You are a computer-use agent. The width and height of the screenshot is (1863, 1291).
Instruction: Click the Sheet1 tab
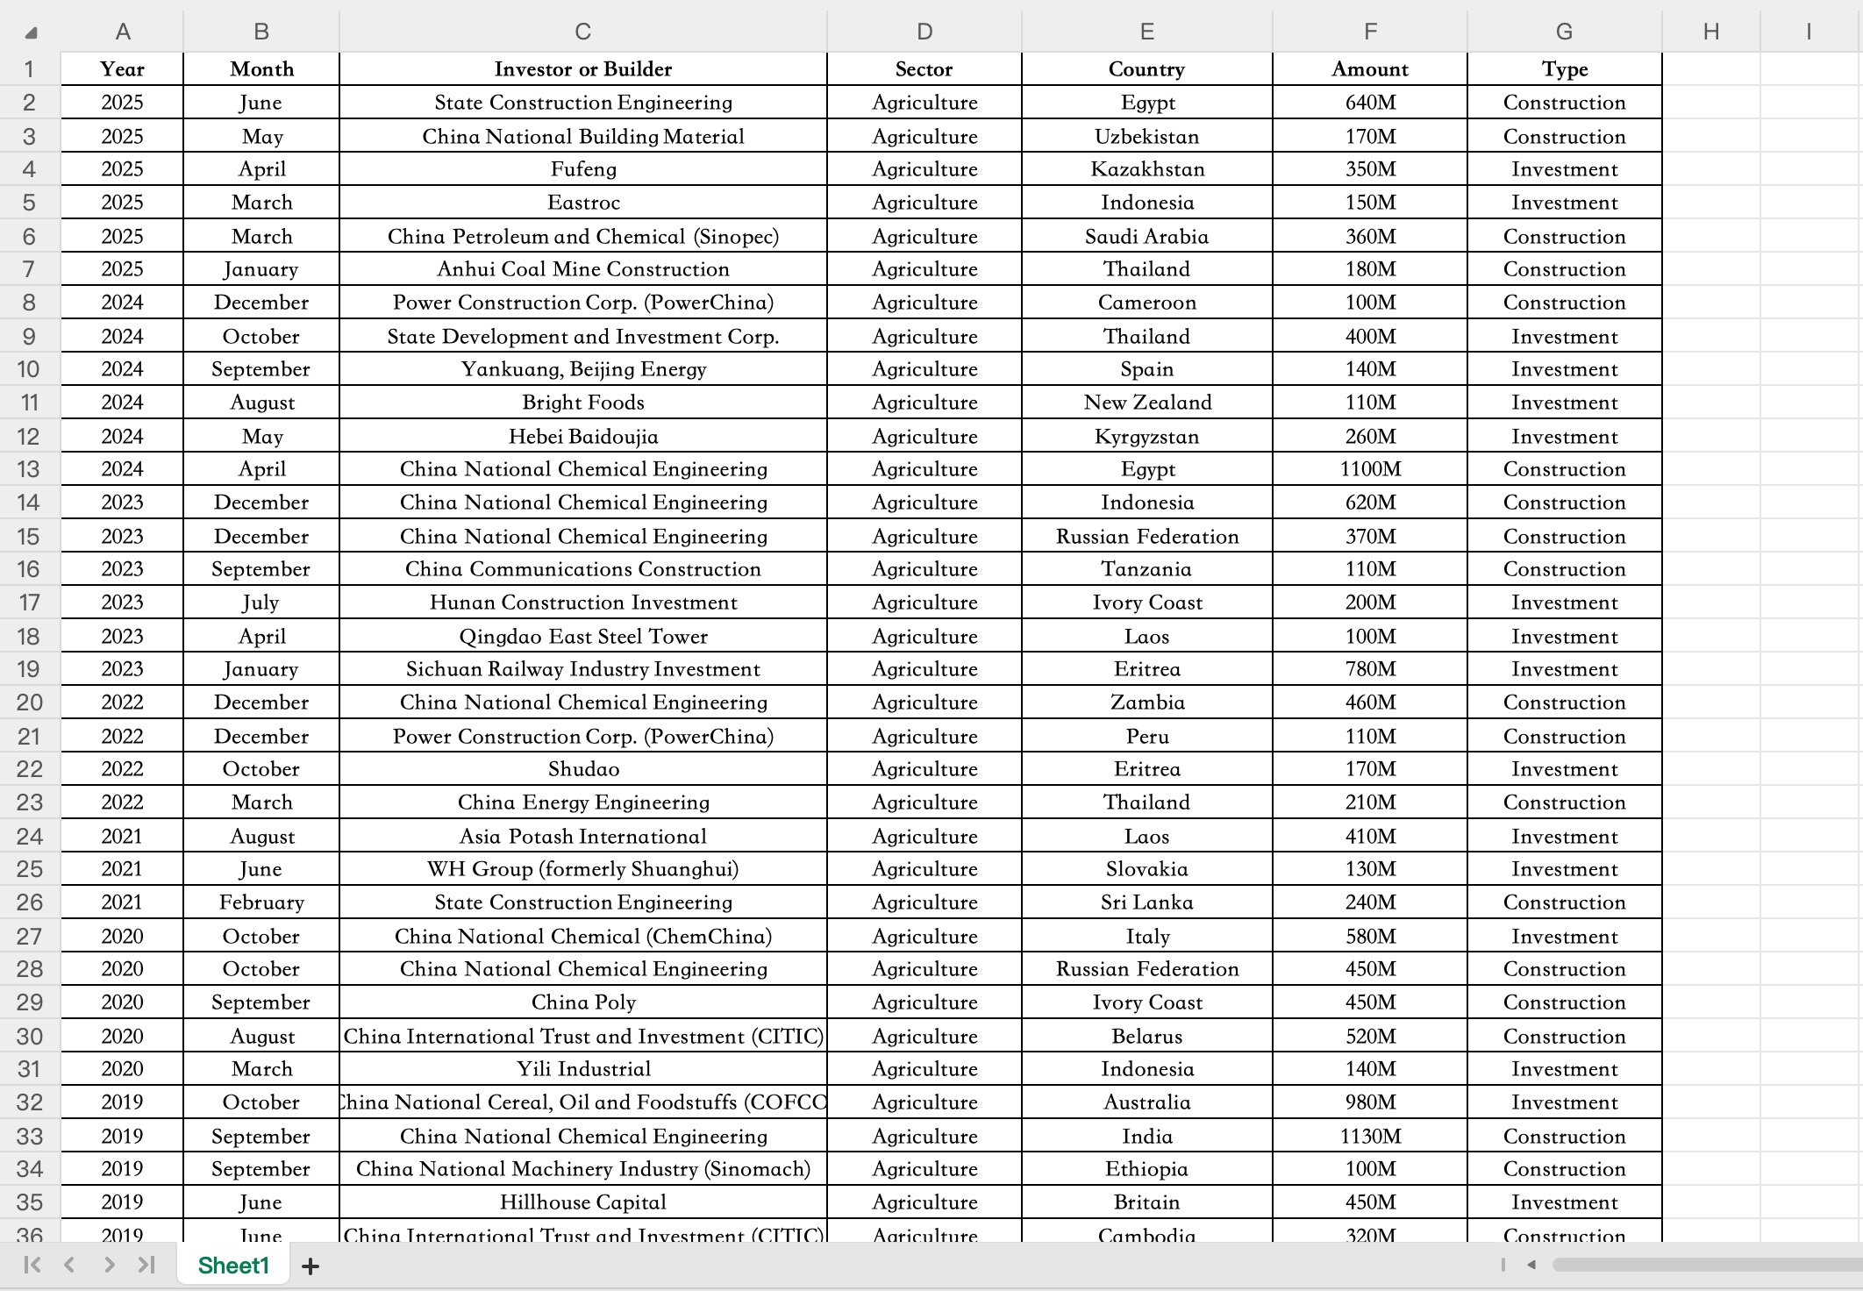click(x=233, y=1266)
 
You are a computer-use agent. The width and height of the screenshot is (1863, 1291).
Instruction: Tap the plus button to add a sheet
click(x=310, y=1266)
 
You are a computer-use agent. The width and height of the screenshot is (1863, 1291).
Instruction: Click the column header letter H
click(x=1710, y=32)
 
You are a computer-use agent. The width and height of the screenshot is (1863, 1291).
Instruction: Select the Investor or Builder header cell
click(x=582, y=69)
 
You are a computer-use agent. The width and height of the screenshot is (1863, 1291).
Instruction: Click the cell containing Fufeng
click(x=582, y=169)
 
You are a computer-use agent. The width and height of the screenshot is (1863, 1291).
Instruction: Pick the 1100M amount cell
click(x=1369, y=469)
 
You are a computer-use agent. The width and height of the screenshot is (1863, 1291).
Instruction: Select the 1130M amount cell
click(x=1369, y=1137)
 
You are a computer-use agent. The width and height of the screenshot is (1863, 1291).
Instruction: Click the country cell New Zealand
click(x=1146, y=403)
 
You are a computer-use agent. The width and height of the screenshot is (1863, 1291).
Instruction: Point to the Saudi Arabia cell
click(x=1146, y=237)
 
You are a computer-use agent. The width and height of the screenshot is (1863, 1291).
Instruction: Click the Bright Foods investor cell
click(x=582, y=403)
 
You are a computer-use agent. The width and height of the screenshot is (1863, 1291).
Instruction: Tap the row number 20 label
click(x=29, y=703)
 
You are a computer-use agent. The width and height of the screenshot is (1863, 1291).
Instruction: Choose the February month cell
click(x=261, y=902)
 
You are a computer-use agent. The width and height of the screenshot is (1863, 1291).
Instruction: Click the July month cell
click(x=261, y=603)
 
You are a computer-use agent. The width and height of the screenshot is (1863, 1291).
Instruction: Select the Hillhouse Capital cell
click(x=582, y=1202)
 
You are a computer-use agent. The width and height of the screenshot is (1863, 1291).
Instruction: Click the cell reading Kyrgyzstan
click(x=1146, y=437)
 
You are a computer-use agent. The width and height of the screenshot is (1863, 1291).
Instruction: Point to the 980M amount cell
click(x=1369, y=1102)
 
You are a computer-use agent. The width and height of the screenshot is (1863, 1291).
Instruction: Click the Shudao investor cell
click(x=582, y=769)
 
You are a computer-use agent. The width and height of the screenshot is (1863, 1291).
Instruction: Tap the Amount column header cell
click(x=1369, y=69)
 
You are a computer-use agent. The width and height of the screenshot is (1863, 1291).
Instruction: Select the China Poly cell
click(x=582, y=1002)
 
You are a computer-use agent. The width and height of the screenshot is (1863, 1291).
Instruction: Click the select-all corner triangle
click(x=31, y=33)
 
